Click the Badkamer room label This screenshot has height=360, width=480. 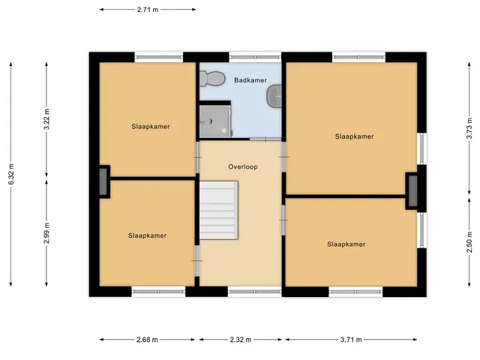pyautogui.click(x=250, y=80)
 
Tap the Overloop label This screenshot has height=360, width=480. pyautogui.click(x=243, y=166)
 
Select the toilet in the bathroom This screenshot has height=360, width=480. pyautogui.click(x=211, y=78)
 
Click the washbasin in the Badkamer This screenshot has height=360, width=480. pyautogui.click(x=274, y=96)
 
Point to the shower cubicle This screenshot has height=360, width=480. pyautogui.click(x=215, y=121)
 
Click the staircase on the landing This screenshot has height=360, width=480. pyautogui.click(x=219, y=210)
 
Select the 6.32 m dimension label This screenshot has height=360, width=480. pyautogui.click(x=11, y=174)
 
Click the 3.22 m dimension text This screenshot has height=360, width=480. pyautogui.click(x=46, y=119)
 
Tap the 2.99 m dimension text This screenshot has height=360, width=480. pyautogui.click(x=46, y=233)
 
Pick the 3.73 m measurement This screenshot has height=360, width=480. pyautogui.click(x=469, y=128)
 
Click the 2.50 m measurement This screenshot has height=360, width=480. pyautogui.click(x=469, y=241)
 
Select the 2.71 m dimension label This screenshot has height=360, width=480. pyautogui.click(x=148, y=10)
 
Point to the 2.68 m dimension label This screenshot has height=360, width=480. pyautogui.click(x=147, y=340)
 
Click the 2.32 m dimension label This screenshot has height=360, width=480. pyautogui.click(x=241, y=340)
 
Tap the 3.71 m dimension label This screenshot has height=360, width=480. pyautogui.click(x=351, y=340)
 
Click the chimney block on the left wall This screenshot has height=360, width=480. pyautogui.click(x=103, y=181)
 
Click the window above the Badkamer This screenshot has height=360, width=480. pyautogui.click(x=255, y=57)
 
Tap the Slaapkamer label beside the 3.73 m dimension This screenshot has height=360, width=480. pyautogui.click(x=354, y=136)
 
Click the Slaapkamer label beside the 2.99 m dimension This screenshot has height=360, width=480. pyautogui.click(x=147, y=235)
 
